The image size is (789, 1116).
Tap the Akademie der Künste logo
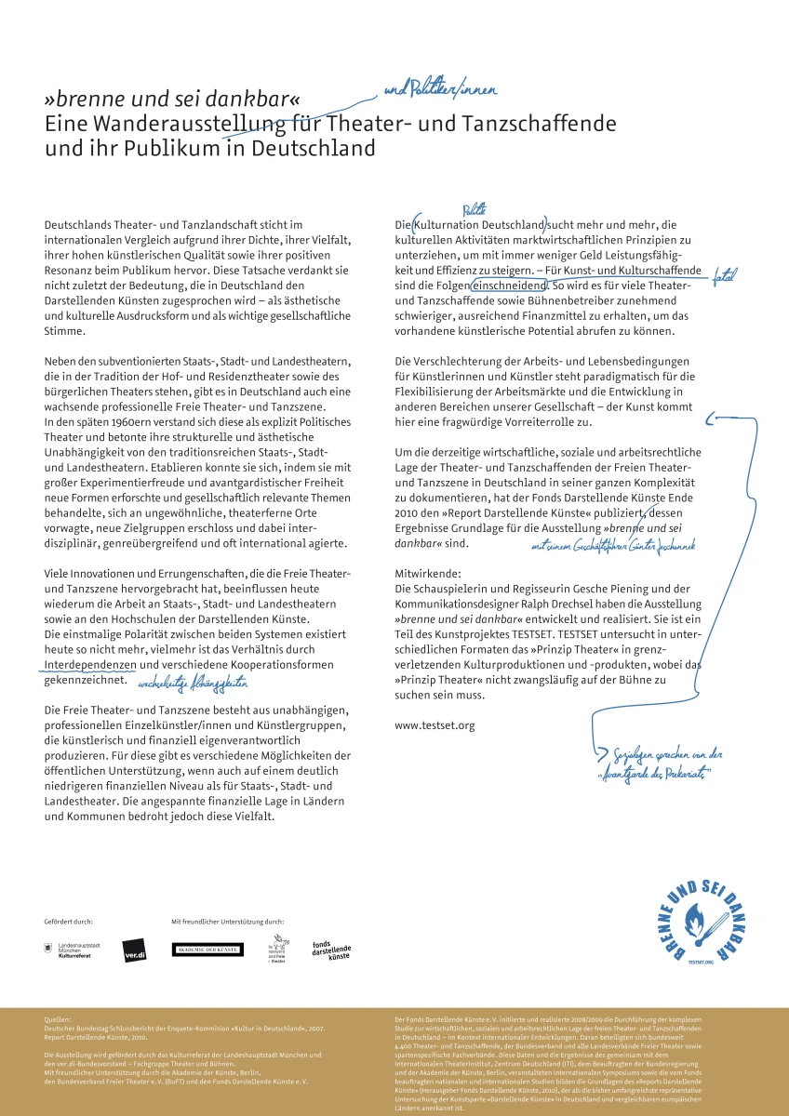(207, 949)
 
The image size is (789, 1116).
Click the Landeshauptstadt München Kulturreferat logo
(74, 949)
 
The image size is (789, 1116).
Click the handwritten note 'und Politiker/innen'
(440, 90)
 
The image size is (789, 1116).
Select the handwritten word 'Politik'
(475, 213)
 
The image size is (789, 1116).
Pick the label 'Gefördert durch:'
(68, 921)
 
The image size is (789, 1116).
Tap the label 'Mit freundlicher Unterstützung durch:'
(227, 921)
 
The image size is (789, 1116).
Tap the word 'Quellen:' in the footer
(58, 1019)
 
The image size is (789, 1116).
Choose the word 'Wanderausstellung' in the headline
(182, 124)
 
